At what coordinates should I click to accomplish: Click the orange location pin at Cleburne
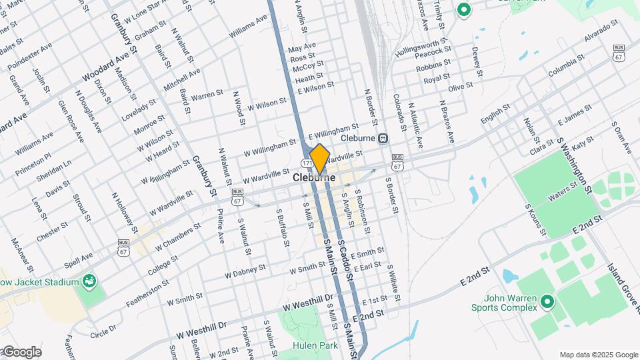click(x=320, y=158)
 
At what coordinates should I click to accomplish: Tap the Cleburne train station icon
click(x=383, y=139)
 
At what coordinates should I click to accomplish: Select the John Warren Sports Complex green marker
click(x=547, y=302)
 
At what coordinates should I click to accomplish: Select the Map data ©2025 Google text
click(x=598, y=355)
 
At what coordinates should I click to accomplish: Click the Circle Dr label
click(x=103, y=329)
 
